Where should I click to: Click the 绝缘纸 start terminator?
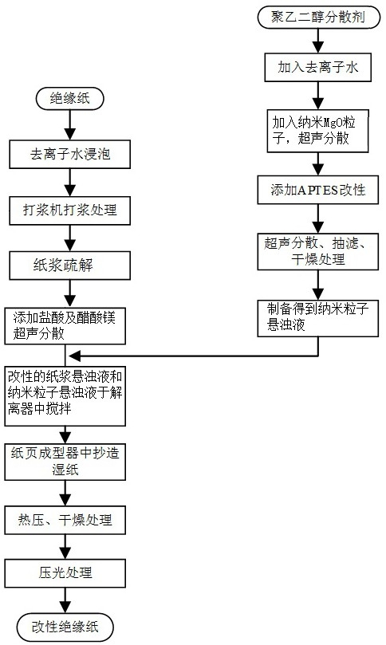69,99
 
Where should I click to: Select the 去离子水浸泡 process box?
70,154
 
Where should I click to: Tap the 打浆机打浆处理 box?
70,210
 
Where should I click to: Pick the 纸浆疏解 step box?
70,265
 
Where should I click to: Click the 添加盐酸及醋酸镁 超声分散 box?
65,325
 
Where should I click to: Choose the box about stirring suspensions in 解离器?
65,395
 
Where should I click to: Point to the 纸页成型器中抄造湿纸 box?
65,462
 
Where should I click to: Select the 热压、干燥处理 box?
65,521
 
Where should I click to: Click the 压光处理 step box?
65,573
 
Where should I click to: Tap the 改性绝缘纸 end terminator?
65,627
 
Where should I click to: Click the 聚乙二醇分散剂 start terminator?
318,18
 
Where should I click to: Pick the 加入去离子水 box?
318,67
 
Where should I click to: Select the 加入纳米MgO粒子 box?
317,131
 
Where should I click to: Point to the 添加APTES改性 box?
318,190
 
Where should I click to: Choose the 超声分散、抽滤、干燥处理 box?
318,252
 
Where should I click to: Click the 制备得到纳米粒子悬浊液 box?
318,318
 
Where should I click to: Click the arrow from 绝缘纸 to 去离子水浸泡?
70,125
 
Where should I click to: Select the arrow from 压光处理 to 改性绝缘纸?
65,600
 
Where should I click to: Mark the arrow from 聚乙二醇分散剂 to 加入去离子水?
318,41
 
